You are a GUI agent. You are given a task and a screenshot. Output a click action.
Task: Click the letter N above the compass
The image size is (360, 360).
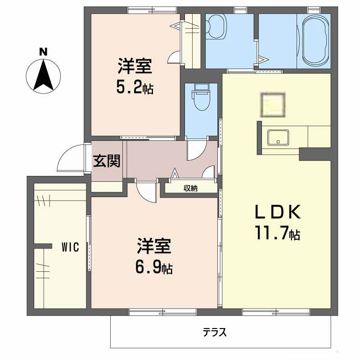[x=43, y=52]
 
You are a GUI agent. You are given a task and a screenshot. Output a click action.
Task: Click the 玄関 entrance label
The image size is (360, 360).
[x=107, y=161]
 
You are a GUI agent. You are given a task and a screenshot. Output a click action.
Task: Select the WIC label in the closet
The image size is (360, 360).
[x=70, y=247]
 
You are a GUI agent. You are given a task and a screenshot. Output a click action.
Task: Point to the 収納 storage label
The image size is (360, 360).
[x=190, y=189]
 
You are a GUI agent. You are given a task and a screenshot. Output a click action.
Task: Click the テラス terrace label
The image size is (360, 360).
[x=215, y=332]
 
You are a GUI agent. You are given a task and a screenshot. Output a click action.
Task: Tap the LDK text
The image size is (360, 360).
[x=278, y=212]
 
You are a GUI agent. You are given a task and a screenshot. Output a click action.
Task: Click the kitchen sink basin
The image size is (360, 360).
[x=278, y=137]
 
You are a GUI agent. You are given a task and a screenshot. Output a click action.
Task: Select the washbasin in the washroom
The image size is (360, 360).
[x=216, y=27]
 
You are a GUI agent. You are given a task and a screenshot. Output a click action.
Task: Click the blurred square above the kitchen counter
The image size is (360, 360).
[x=273, y=104]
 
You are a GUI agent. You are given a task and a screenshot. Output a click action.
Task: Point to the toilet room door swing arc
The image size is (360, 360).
[x=197, y=150]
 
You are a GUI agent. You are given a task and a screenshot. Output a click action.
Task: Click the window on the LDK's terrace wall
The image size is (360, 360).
[x=276, y=312]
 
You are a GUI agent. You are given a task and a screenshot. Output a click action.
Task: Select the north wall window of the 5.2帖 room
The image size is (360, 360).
[x=152, y=10]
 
